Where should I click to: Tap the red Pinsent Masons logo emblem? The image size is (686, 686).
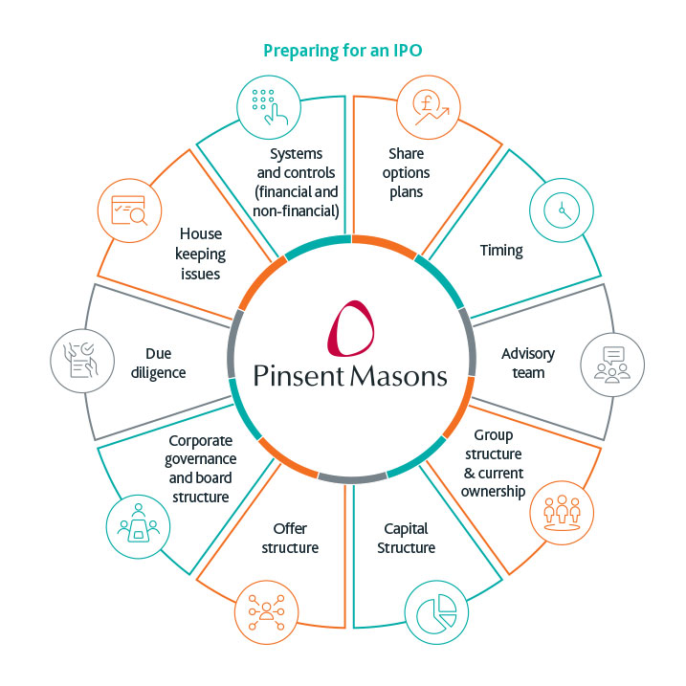pos(350,328)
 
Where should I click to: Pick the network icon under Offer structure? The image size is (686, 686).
pos(262,609)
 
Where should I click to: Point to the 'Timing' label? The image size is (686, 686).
pos(501,251)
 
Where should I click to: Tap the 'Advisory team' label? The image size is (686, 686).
pos(527,363)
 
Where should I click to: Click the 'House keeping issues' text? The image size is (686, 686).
pos(200,253)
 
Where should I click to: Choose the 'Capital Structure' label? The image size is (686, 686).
pos(406,538)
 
